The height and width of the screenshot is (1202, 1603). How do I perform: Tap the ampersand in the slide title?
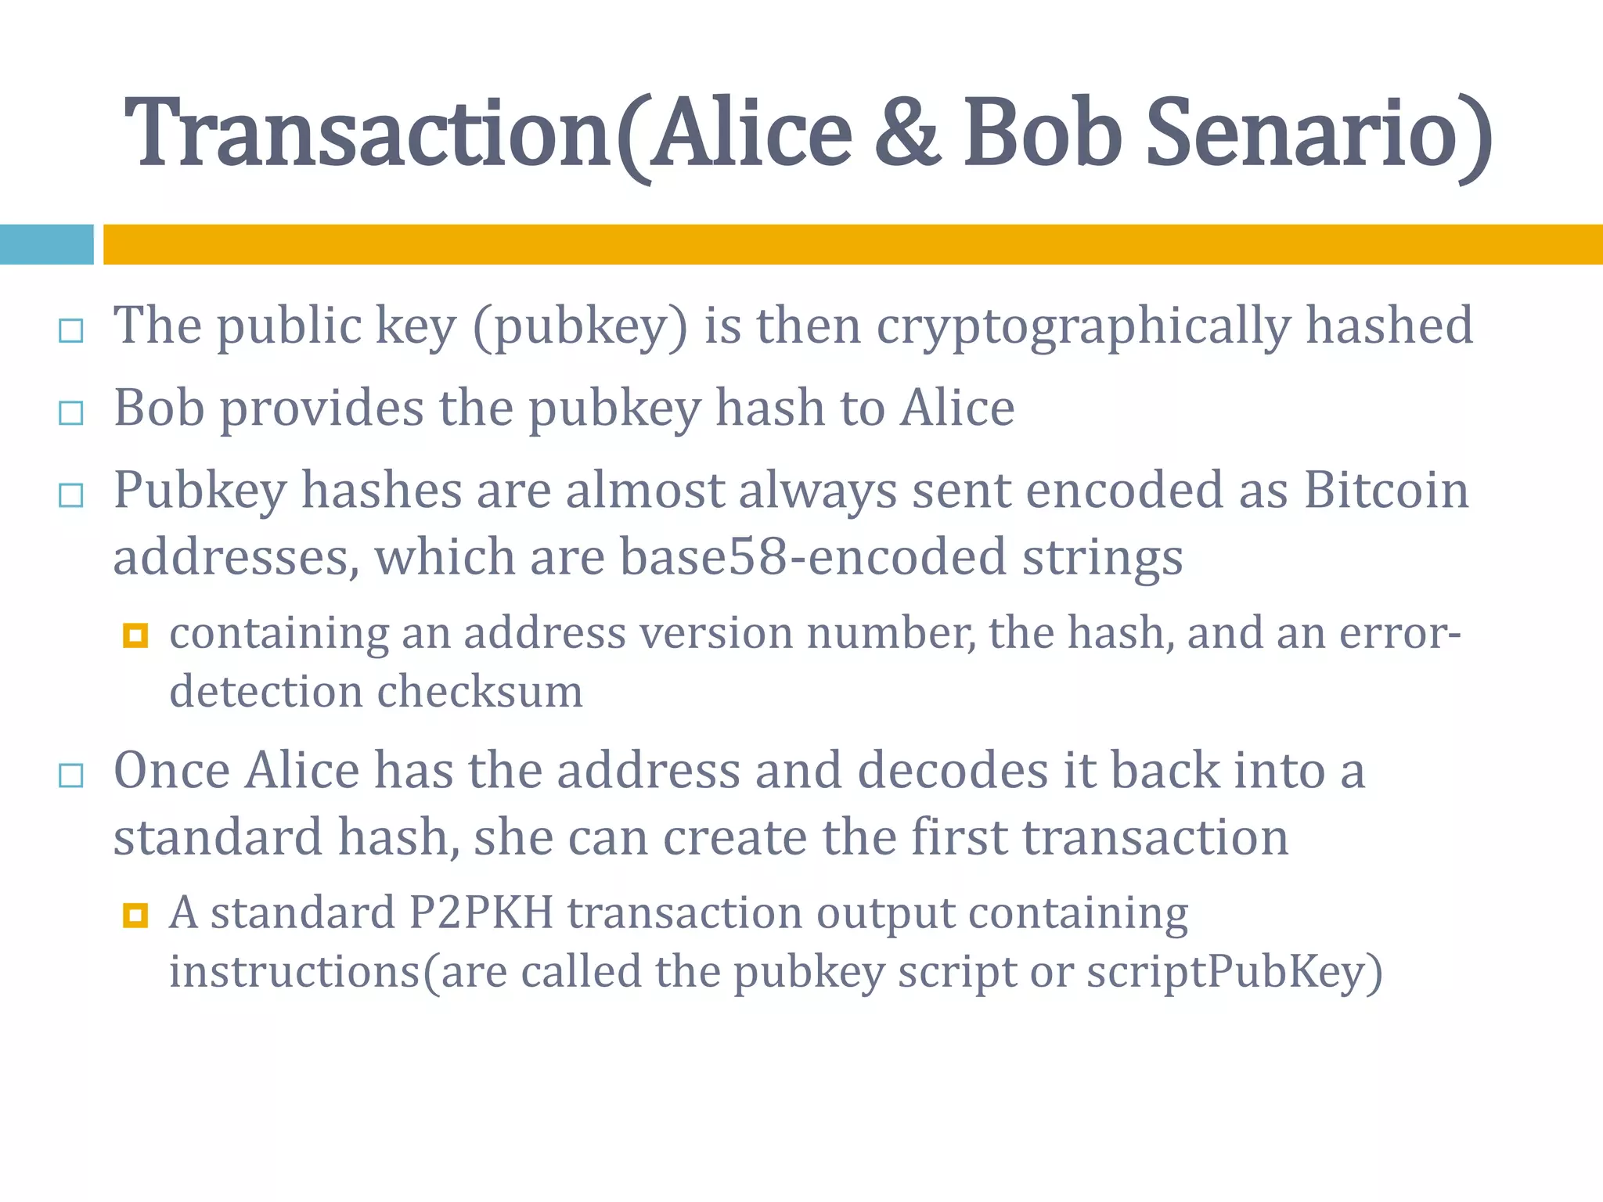(x=907, y=133)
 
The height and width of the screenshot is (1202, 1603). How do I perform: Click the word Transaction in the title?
(x=368, y=133)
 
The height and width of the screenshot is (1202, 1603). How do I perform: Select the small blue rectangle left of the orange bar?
(x=46, y=244)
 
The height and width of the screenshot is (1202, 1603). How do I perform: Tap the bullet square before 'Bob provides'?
(x=71, y=412)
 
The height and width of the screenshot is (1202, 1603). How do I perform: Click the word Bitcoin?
(x=1385, y=491)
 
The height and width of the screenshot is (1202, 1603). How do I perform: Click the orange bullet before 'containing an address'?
(x=135, y=635)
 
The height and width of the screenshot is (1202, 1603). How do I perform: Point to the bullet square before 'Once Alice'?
(x=71, y=776)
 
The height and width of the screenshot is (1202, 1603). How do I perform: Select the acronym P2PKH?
(x=481, y=912)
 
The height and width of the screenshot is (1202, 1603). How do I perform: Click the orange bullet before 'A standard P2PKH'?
(x=135, y=915)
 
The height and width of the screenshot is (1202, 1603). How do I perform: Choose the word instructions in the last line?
(x=295, y=972)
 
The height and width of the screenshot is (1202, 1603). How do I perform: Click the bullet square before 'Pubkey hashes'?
(x=71, y=495)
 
